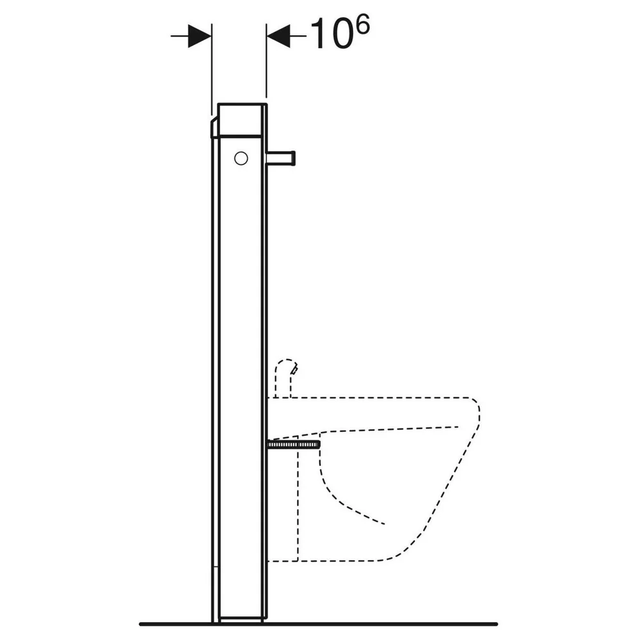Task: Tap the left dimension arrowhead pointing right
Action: [x=200, y=36]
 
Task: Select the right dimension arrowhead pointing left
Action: [x=278, y=36]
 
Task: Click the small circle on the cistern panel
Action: [x=241, y=158]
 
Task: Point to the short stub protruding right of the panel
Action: [x=281, y=158]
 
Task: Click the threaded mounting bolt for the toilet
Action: [x=293, y=445]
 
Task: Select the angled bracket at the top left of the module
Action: [x=214, y=128]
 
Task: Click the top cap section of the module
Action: [x=242, y=120]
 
